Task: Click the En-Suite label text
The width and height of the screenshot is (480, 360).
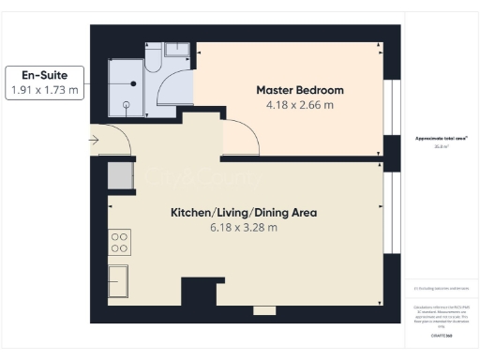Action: [46, 74]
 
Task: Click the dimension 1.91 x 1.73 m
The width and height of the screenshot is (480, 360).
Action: [46, 90]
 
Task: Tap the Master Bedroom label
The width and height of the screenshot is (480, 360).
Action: [300, 90]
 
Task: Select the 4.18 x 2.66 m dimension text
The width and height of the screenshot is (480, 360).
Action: [300, 105]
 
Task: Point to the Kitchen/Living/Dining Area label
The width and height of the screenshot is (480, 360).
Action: [243, 213]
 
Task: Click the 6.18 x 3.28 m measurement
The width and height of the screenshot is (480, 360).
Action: [243, 227]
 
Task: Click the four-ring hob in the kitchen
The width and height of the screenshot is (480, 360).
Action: [120, 243]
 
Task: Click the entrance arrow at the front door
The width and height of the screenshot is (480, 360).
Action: [95, 141]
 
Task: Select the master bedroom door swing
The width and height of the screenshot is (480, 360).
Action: [242, 141]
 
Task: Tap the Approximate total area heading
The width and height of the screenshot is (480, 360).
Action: [441, 138]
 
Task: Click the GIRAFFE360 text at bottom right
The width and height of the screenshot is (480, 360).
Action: [442, 335]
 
